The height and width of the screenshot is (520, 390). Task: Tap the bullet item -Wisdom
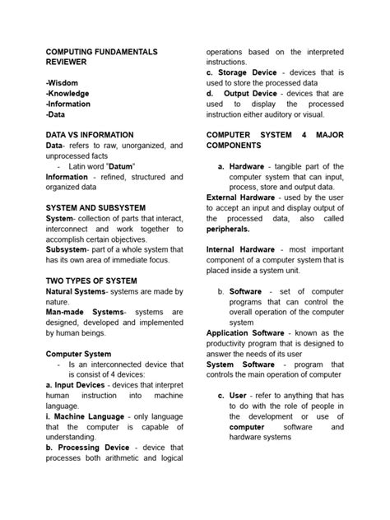[x=63, y=83]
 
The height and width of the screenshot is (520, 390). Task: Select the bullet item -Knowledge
[x=68, y=94]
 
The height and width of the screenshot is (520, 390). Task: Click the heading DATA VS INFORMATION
[x=90, y=134]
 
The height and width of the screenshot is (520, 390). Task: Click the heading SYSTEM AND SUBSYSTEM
[x=95, y=207]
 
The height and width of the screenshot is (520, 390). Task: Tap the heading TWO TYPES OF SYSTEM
[x=91, y=281]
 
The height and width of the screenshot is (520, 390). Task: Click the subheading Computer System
[x=78, y=354]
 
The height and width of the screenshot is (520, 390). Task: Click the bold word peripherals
[x=229, y=230]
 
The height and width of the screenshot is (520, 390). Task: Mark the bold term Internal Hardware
[x=240, y=249]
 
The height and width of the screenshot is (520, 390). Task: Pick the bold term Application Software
[x=244, y=333]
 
